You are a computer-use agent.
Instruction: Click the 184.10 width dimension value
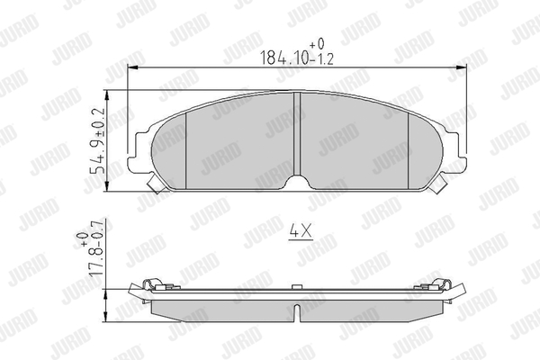pyautogui.click(x=284, y=58)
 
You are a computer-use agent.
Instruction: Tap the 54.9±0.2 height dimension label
pyautogui.click(x=97, y=141)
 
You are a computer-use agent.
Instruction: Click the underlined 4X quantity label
pyautogui.click(x=301, y=231)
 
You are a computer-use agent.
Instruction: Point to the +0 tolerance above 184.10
pyautogui.click(x=317, y=44)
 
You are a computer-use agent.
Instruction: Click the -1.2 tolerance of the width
pyautogui.click(x=322, y=59)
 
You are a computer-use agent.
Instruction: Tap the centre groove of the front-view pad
pyautogui.click(x=296, y=134)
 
